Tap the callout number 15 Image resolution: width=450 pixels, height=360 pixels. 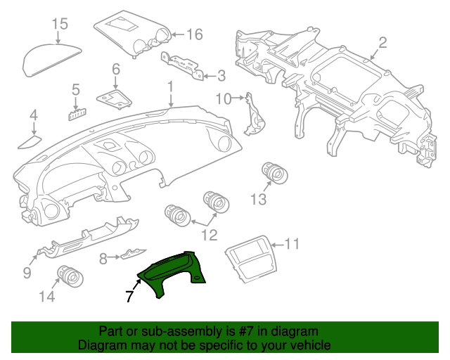click(60, 24)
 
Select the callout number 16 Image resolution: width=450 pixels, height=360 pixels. click(195, 34)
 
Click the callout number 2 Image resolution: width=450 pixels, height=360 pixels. click(382, 43)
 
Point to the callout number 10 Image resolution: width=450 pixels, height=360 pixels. click(224, 98)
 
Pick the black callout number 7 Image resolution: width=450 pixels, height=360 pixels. click(129, 296)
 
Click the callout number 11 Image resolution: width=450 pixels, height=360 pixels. click(292, 245)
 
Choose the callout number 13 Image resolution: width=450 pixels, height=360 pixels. click(259, 199)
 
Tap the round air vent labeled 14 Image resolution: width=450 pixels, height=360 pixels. click(70, 277)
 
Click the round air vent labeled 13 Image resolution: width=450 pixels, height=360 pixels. click(275, 173)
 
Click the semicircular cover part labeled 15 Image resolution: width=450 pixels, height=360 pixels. click(51, 60)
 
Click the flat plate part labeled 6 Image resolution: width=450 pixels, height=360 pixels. click(114, 99)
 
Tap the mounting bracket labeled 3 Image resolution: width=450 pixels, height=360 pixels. click(182, 66)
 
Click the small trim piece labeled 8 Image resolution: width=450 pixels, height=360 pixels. click(133, 254)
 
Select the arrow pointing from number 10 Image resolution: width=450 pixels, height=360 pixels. click(238, 98)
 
